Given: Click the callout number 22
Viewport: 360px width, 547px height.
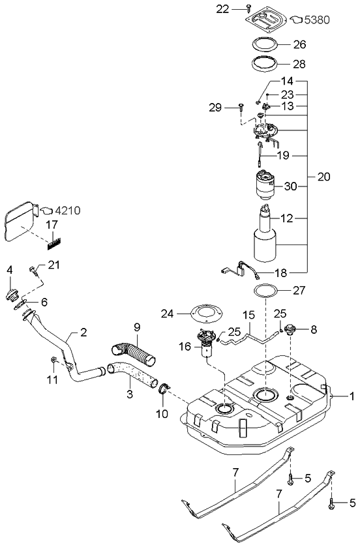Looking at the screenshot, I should pos(223,8).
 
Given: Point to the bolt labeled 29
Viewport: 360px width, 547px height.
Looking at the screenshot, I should pos(241,106).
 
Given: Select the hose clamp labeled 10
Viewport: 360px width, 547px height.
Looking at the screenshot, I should pos(164,391).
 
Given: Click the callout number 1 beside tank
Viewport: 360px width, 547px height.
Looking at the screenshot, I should pos(352,395).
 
